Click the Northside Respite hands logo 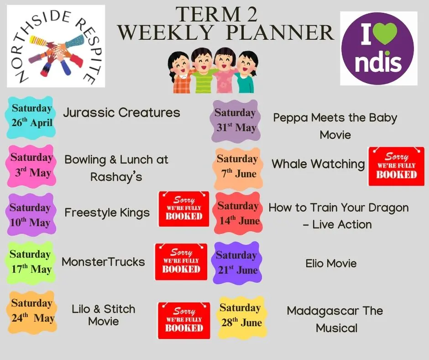click(56, 46)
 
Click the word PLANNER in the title click(280, 32)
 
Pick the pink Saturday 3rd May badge click(31, 165)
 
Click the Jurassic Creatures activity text click(121, 112)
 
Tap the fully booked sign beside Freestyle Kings click(184, 209)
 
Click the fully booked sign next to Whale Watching click(397, 166)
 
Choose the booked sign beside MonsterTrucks click(181, 262)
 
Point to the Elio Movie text click(331, 264)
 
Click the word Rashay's click(116, 177)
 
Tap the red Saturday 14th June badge click(238, 213)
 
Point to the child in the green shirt click(202, 71)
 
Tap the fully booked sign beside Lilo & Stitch click(184, 321)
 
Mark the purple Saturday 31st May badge click(235, 121)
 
